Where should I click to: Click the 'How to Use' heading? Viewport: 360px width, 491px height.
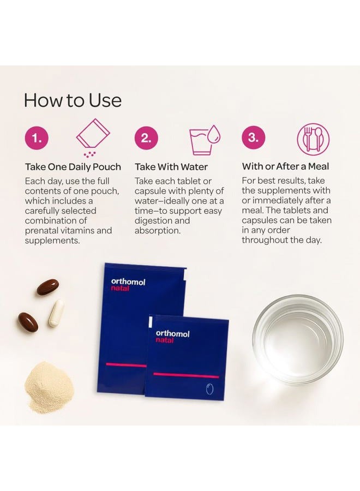73,100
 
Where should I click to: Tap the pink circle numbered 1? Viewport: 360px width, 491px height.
37,138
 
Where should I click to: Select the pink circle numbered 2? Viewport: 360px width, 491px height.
146,138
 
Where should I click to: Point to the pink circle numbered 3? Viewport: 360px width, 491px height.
253,137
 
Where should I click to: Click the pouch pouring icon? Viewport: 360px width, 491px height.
93,137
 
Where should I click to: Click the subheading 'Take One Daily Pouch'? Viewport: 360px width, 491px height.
73,167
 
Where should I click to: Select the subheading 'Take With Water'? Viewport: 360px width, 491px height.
171,167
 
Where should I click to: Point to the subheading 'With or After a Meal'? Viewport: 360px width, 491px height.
285,166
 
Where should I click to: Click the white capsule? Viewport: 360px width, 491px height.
57,313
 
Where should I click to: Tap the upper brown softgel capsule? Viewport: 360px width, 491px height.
47,287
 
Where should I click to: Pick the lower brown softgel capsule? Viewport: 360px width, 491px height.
28,322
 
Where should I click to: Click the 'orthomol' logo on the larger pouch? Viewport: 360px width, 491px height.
128,282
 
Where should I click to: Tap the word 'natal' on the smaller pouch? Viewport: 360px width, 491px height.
164,340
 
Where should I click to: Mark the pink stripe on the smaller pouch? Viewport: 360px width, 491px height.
186,375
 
